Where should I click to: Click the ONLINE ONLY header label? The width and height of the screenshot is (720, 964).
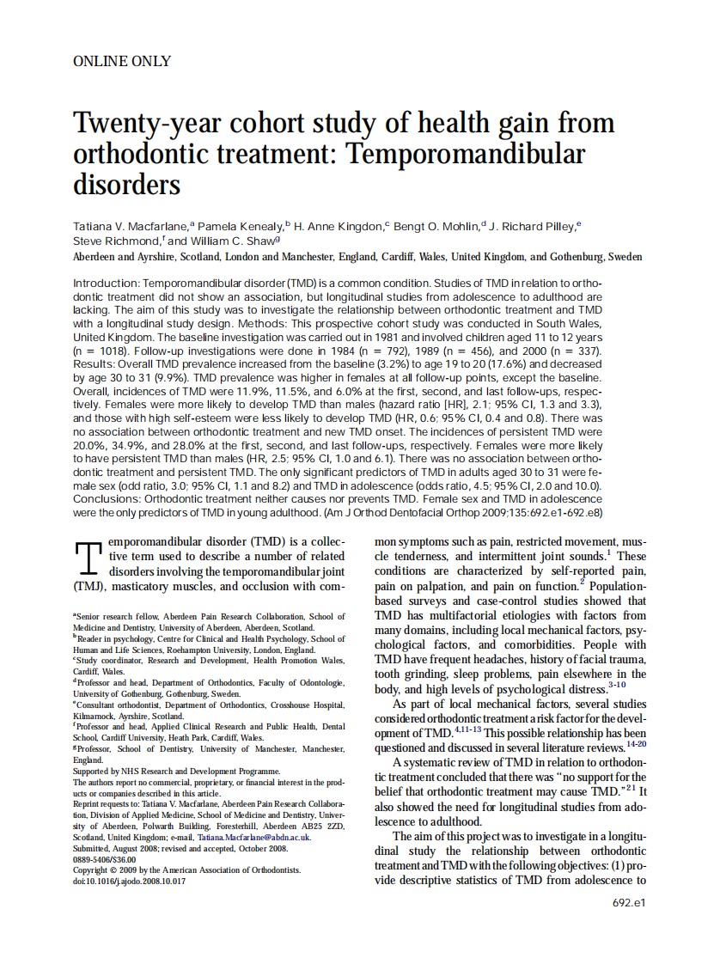coord(122,61)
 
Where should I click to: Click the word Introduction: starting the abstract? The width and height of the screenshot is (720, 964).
coord(107,283)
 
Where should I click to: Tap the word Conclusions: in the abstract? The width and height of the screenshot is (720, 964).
coord(107,498)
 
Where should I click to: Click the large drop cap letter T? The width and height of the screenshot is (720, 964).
coord(89,560)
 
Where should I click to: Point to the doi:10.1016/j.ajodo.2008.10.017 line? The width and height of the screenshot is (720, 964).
coord(130,882)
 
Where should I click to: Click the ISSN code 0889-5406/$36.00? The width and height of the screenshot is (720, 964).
coord(104,859)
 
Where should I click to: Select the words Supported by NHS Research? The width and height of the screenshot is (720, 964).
coord(121,771)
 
